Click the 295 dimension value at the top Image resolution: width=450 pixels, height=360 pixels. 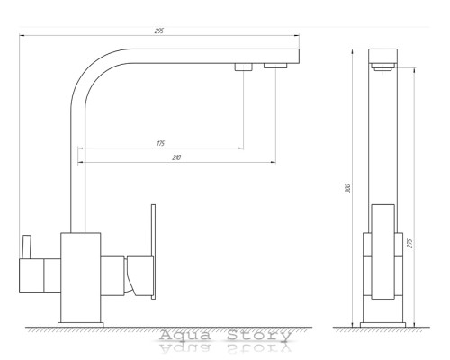tap(159, 31)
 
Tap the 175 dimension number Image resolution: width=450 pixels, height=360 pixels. tap(161, 143)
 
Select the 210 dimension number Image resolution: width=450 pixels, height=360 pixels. tap(176, 157)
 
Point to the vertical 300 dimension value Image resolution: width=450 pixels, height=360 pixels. tap(347, 188)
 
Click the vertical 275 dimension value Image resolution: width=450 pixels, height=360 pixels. tap(410, 243)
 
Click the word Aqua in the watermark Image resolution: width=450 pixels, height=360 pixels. tap(184, 335)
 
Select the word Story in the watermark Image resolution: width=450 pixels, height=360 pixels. tap(259, 335)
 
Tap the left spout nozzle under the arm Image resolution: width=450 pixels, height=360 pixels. tap(243, 67)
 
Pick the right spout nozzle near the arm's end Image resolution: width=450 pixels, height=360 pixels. tap(275, 66)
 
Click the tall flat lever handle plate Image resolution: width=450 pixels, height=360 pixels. tap(153, 252)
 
